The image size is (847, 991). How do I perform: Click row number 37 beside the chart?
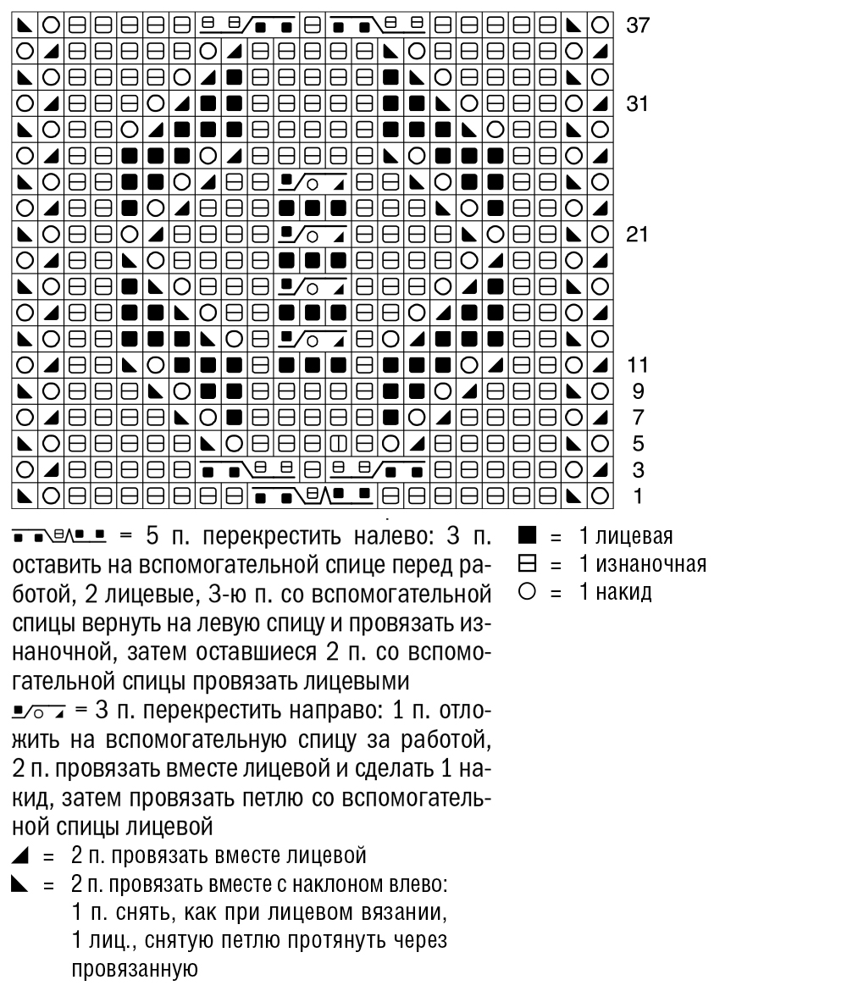click(636, 25)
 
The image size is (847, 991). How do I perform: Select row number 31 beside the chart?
click(636, 104)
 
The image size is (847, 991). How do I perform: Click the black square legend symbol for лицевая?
click(523, 537)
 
